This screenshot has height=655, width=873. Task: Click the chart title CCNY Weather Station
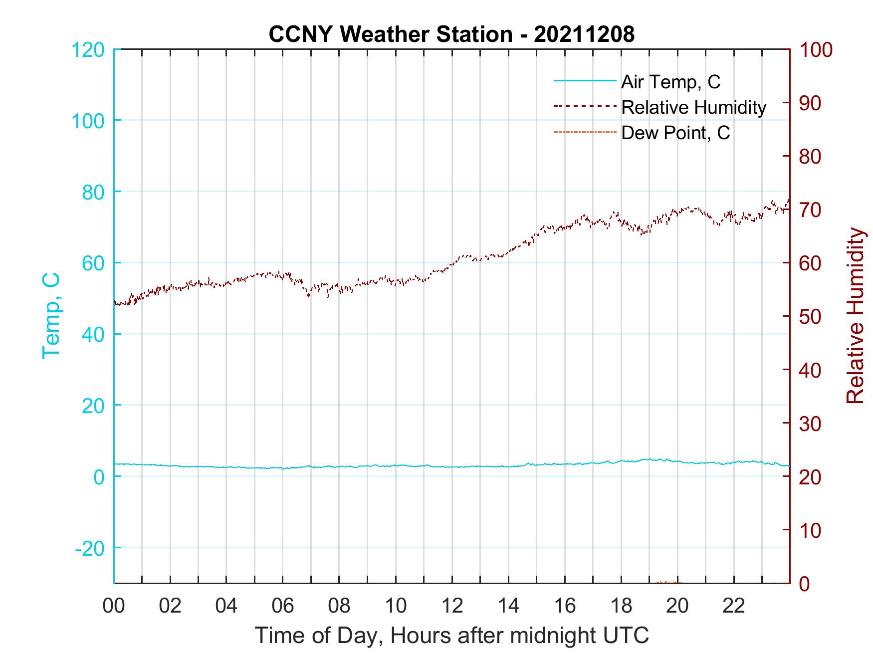coord(389,34)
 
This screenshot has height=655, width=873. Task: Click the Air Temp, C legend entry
coord(670,82)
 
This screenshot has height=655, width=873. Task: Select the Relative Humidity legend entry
coord(693,107)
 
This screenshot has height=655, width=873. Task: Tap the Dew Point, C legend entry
coord(675,133)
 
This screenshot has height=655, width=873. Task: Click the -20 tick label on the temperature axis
coord(90,548)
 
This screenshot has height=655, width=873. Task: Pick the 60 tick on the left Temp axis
coord(94,263)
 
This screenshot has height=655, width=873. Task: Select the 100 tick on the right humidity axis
coord(816,50)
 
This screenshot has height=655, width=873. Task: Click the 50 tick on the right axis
coord(810,317)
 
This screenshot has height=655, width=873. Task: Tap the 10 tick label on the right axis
coord(810,530)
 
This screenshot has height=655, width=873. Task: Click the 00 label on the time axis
coord(114,606)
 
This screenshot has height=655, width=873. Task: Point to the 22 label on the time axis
coord(734,606)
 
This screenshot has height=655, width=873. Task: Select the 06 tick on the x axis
coord(283,606)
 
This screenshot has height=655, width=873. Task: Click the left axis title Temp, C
coord(51,316)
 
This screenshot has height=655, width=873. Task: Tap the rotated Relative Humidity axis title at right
coord(855,316)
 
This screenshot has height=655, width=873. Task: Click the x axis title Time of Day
coord(452,636)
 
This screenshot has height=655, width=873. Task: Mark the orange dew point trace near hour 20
coord(668,582)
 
